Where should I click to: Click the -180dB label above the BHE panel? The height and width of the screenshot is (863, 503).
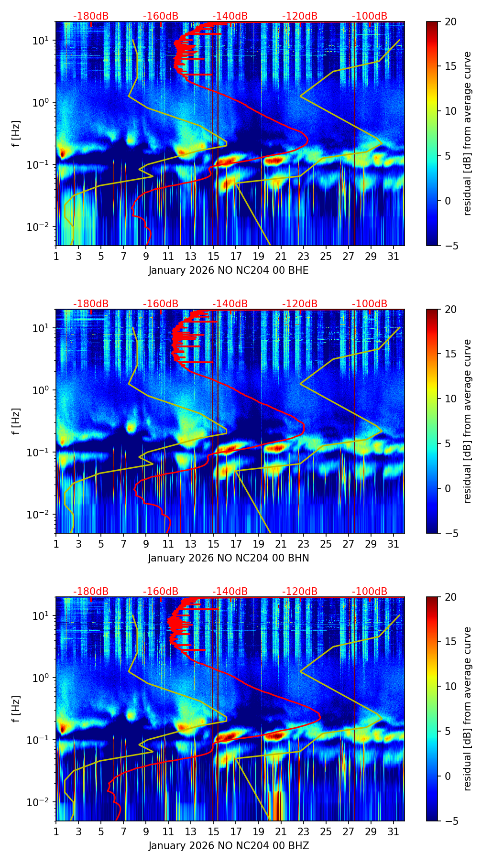pos(91,16)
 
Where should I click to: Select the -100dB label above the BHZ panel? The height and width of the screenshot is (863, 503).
pos(370,592)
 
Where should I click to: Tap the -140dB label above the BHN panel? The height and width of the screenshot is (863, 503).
pos(230,304)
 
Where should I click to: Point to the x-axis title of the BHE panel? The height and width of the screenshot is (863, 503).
pos(229,270)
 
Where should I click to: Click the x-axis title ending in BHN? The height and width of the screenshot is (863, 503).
pos(229,558)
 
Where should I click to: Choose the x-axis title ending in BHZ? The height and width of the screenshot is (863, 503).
pos(229,846)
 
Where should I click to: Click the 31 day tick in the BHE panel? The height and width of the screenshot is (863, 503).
pos(394,257)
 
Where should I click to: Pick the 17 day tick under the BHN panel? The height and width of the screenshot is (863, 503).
pos(236,544)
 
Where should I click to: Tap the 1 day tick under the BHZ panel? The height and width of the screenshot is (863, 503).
pos(56,832)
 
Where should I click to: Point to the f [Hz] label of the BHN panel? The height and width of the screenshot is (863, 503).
pos(16,421)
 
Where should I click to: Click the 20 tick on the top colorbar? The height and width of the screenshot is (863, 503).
pos(450,22)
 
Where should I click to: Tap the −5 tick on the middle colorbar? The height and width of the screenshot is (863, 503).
pos(450,533)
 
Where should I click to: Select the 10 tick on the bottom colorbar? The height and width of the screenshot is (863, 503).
pos(450,687)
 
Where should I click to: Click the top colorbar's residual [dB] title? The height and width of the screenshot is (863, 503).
pos(467,133)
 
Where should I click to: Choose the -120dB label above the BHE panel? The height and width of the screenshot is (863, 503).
pos(300,16)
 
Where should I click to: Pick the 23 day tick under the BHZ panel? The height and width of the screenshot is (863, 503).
pos(303,832)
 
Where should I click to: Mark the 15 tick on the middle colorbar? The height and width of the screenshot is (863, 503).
pos(450,354)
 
